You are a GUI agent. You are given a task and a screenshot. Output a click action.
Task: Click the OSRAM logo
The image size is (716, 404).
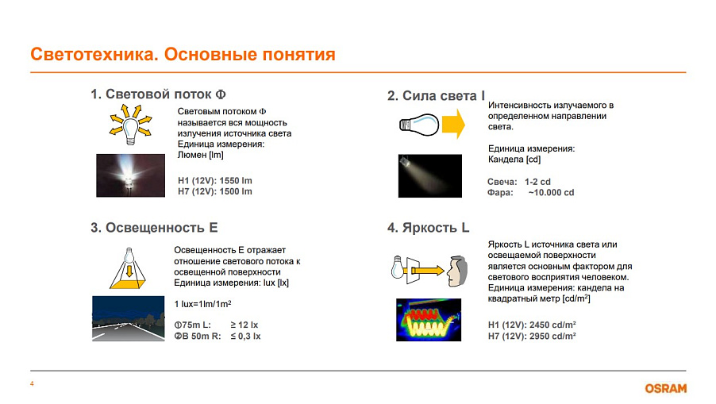[665, 388]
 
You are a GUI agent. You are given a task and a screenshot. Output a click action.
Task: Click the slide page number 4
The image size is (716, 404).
[32, 383]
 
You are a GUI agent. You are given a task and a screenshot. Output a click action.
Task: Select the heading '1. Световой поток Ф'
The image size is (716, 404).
[159, 94]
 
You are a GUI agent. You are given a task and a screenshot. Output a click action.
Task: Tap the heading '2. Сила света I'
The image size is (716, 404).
[436, 95]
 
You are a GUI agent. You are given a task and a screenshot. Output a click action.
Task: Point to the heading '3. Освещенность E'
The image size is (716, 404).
[154, 227]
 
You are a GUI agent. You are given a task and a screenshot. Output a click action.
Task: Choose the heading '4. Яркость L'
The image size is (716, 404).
[429, 227]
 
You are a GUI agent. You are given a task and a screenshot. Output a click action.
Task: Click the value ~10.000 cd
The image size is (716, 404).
[551, 192]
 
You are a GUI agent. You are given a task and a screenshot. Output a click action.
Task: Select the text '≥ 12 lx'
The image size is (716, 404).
[244, 325]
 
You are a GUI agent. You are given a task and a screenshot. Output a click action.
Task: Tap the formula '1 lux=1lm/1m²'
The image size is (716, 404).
[202, 303]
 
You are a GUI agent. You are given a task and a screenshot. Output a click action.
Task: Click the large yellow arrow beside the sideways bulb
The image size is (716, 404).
[453, 124]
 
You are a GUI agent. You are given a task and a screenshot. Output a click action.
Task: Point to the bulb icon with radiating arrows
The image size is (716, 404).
[131, 125]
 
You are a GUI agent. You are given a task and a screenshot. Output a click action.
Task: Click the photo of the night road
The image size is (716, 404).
[129, 318]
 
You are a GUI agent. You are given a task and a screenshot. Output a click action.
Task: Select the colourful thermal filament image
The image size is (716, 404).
[429, 320]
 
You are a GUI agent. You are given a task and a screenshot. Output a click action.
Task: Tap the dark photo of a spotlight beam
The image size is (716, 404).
[430, 175]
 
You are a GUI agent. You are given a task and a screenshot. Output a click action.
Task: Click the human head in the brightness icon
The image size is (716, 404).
[457, 271]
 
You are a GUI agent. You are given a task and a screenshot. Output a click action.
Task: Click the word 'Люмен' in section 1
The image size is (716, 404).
[192, 155]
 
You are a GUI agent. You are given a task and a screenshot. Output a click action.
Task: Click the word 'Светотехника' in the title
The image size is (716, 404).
[94, 54]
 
